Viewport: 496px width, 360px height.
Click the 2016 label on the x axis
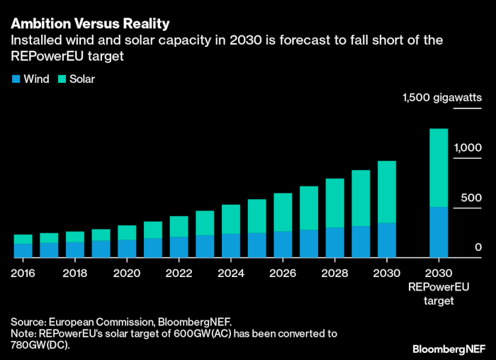tap(23, 272)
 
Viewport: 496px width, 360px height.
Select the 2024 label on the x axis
tap(231, 272)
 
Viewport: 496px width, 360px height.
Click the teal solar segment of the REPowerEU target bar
tap(439, 167)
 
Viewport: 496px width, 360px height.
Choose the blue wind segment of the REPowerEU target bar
tap(439, 232)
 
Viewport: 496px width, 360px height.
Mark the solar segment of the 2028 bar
tap(335, 203)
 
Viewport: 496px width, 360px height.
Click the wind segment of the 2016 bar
tap(23, 250)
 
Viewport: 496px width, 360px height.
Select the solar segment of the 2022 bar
tap(179, 226)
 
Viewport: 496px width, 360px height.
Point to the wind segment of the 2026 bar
tap(283, 244)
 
